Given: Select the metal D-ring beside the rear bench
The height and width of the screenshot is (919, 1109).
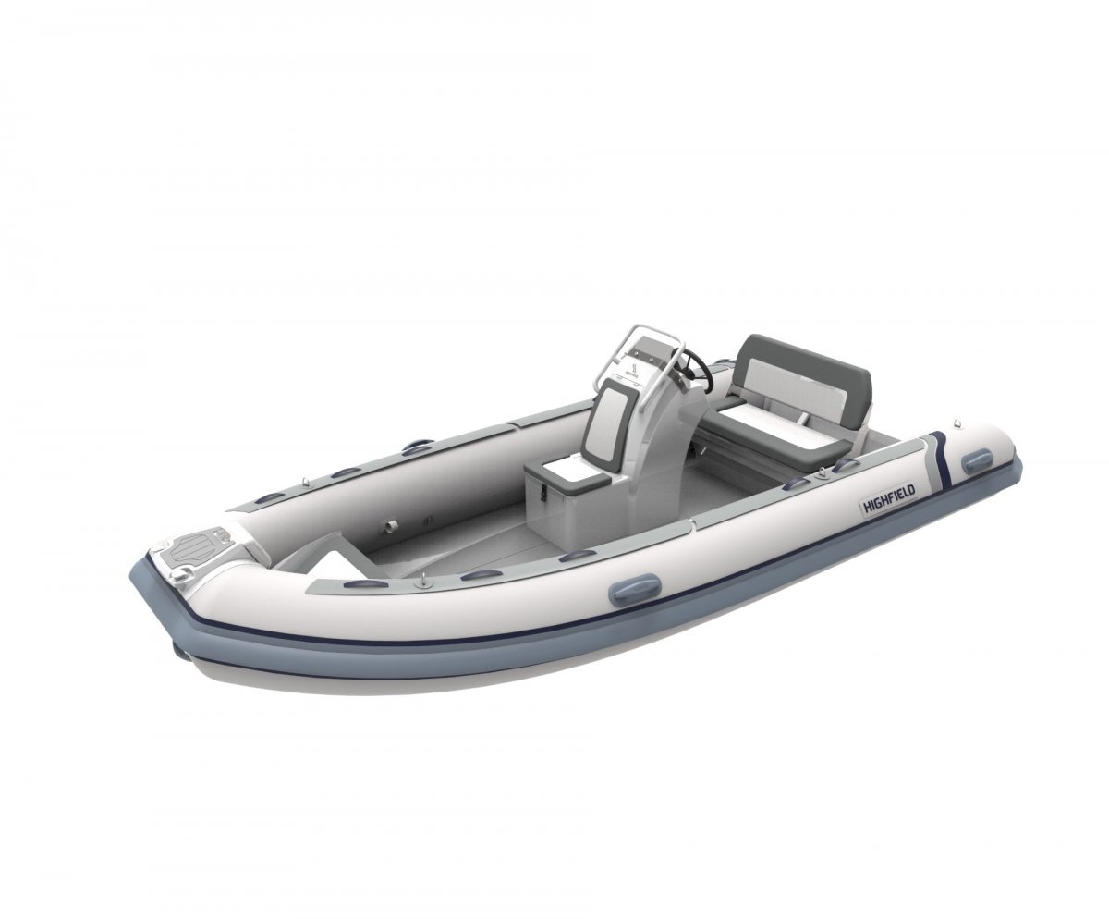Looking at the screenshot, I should click(x=819, y=477).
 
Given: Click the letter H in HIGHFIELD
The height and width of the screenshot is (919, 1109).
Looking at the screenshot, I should click(x=865, y=509).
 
